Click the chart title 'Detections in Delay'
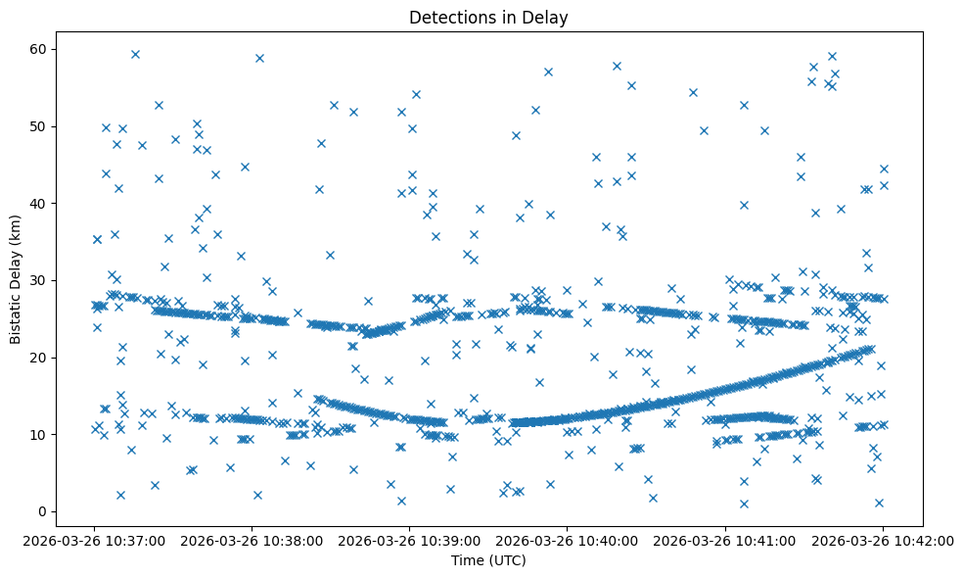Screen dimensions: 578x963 [x=488, y=18]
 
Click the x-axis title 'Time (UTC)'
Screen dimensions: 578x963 [x=488, y=561]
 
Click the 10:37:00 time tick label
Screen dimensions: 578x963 [x=94, y=540]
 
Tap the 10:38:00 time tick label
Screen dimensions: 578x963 [x=252, y=540]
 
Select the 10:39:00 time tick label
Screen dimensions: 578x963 [x=409, y=540]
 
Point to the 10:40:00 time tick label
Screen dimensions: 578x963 [x=568, y=540]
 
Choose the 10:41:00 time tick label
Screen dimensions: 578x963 [x=725, y=540]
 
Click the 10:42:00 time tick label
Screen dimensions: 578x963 [x=883, y=540]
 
